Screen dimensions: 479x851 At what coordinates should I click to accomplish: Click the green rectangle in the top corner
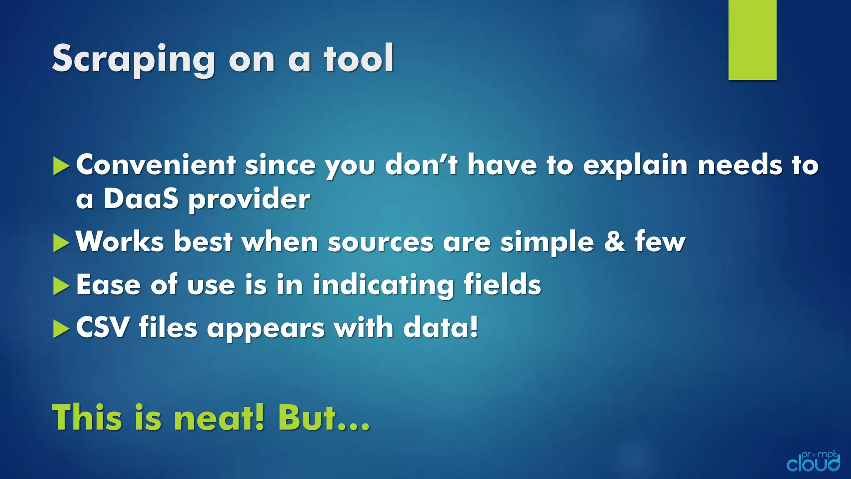[752, 40]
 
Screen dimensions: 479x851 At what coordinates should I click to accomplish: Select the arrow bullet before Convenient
[61, 166]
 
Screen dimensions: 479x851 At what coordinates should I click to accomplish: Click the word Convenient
[156, 165]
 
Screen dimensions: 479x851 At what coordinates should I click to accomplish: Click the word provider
[249, 200]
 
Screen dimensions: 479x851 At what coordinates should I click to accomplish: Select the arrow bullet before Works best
[61, 243]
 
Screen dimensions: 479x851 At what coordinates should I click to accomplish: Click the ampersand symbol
[615, 242]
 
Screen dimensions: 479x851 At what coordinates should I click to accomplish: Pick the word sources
[380, 242]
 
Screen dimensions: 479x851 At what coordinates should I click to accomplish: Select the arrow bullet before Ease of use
[61, 286]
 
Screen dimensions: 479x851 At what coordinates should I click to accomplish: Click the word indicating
[383, 285]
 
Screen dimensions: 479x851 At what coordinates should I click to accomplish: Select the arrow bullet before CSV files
[61, 329]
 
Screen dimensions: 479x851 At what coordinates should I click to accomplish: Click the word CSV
[103, 328]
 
